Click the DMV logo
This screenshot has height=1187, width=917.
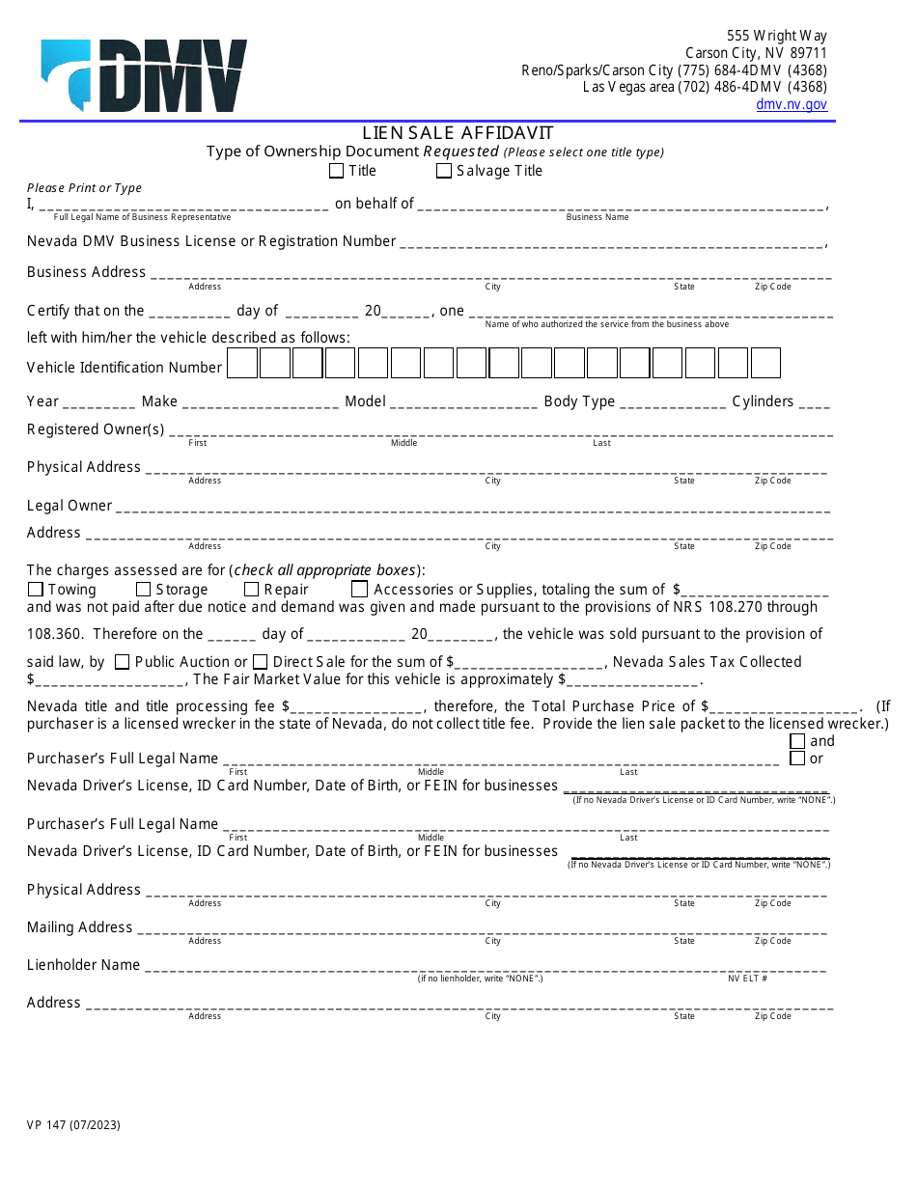point(144,75)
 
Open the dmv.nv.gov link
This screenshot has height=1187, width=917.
point(791,104)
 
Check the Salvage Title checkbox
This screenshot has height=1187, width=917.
point(444,171)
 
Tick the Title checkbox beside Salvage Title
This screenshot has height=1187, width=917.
point(336,171)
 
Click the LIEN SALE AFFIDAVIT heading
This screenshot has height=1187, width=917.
point(458,133)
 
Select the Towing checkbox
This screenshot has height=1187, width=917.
point(36,589)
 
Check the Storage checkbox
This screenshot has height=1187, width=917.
point(143,589)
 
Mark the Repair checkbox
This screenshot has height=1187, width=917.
point(251,589)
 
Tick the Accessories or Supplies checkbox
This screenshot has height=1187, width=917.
point(359,589)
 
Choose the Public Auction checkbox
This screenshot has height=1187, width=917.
point(122,662)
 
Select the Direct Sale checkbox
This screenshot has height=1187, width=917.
point(260,662)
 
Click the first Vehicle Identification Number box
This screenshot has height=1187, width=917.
point(242,363)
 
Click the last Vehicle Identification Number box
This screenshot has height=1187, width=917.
point(765,363)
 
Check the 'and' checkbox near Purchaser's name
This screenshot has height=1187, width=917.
point(797,741)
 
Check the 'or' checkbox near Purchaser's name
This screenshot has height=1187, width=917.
point(797,759)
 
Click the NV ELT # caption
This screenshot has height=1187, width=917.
point(747,979)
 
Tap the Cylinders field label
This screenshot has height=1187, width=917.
point(763,401)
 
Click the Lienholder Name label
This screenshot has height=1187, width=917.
point(83,965)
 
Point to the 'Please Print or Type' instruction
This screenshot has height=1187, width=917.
point(84,188)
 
